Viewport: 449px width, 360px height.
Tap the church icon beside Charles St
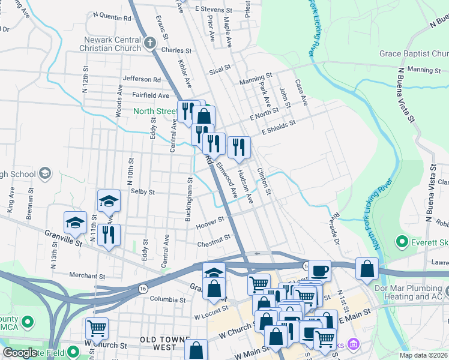tap(150, 44)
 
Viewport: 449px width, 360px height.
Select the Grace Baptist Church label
tap(414, 54)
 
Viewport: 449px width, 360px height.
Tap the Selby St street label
tap(143, 192)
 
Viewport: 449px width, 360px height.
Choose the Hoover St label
tap(209, 224)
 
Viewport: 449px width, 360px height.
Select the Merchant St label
tap(87, 276)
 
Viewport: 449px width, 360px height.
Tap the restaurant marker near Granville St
tap(109, 235)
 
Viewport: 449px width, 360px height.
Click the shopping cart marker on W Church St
tap(97, 328)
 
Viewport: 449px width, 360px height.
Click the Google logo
tap(20, 353)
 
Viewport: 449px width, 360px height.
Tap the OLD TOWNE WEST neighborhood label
tap(166, 343)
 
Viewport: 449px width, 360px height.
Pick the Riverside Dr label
tap(334, 226)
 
